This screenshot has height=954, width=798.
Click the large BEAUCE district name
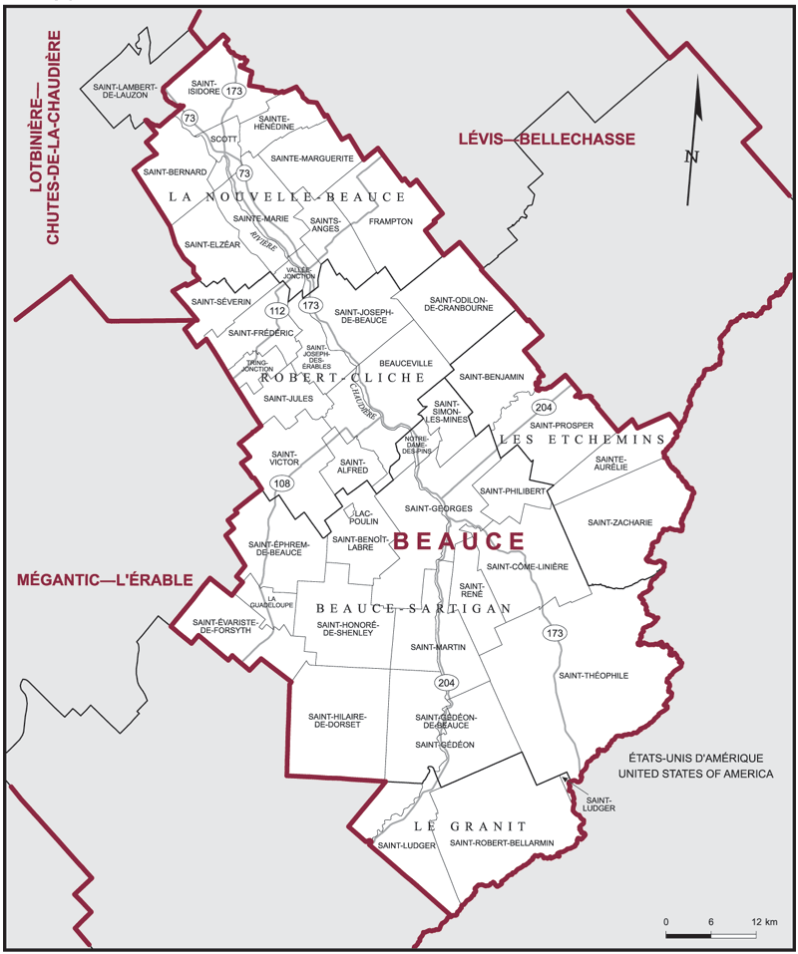[458, 541]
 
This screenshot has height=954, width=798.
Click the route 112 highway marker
[276, 312]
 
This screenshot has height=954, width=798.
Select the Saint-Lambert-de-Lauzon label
[126, 92]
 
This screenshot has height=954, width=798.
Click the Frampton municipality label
[390, 221]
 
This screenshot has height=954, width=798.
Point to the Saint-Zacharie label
[619, 522]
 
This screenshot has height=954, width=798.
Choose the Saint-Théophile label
[594, 675]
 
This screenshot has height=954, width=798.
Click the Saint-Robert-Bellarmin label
[501, 844]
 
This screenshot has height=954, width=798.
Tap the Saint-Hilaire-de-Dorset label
[333, 720]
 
